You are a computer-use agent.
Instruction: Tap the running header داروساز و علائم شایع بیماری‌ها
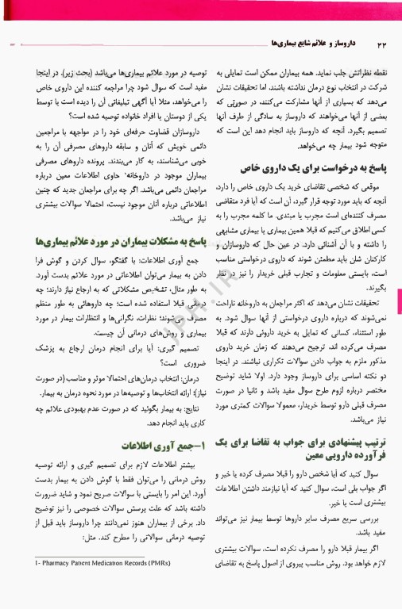click(275, 41)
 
